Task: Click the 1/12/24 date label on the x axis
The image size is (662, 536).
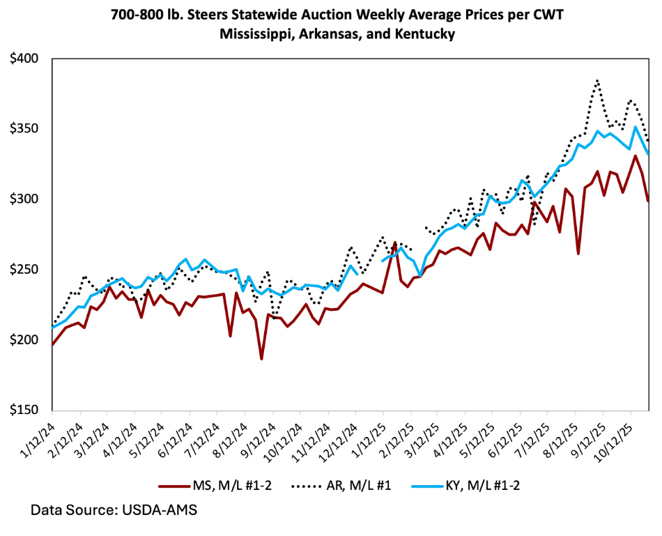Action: coord(39,438)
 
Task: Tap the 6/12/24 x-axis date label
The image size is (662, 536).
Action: coord(176,438)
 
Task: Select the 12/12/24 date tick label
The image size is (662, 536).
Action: coord(340,440)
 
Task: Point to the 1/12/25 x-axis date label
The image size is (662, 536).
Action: coord(370,438)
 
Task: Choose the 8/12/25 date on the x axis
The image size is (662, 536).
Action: coord(562,438)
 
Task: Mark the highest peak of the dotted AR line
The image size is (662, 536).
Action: coord(597,81)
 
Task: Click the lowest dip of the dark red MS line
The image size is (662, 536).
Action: coord(262,359)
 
